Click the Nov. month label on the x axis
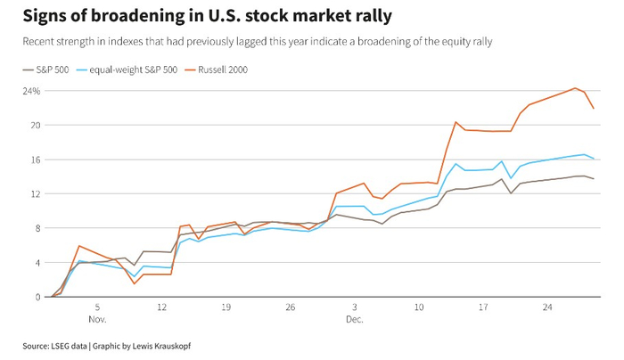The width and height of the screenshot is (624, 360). click(97, 317)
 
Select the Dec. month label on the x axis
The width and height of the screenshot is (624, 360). click(355, 317)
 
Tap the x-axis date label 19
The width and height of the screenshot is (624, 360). click(226, 307)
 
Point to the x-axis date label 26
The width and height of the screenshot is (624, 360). click(290, 307)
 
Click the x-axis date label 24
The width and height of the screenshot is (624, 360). click(548, 307)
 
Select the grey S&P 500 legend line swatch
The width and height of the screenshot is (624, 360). click(27, 68)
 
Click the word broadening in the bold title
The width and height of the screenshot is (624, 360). click(132, 17)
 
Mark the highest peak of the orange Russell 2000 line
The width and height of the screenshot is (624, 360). click(575, 88)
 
